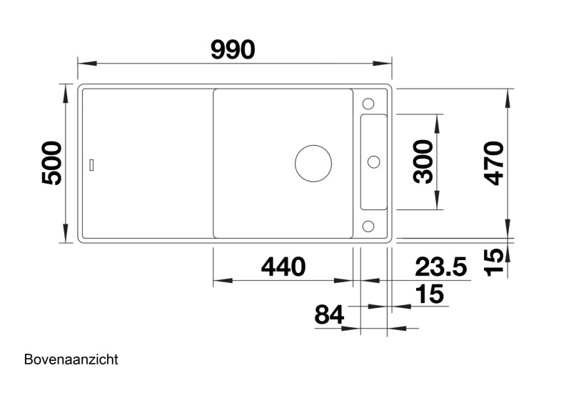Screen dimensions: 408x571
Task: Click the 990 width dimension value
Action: coord(233,49)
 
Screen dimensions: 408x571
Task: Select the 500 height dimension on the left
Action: coord(51,164)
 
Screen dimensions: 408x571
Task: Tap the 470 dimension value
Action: coord(493,164)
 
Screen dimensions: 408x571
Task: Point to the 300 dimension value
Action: coord(425,161)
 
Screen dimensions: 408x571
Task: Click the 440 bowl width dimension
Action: coord(283,267)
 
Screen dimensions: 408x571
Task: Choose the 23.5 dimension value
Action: coord(441,267)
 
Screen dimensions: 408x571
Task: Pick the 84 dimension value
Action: coord(329,314)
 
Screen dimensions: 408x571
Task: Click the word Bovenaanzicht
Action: coord(71,359)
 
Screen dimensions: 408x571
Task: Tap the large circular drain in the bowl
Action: coord(313,164)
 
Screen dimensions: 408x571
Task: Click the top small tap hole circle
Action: coord(369,101)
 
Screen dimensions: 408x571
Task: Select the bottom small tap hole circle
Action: coord(369,227)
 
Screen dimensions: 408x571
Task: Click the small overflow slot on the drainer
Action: coord(91,164)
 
